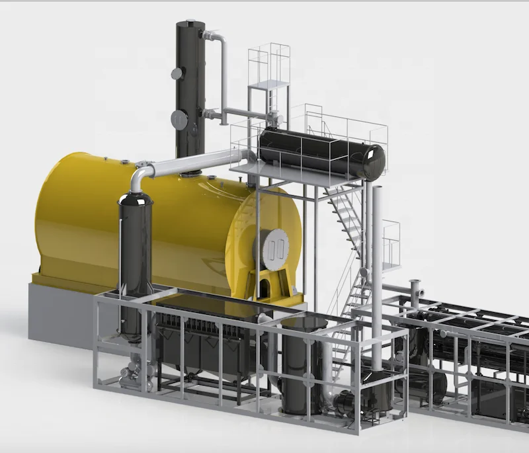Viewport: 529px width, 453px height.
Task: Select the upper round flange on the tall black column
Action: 177,73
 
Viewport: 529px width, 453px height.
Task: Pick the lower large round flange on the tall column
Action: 179,120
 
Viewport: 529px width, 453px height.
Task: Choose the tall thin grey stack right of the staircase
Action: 377,265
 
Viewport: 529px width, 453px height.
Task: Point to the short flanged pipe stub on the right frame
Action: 416,291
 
